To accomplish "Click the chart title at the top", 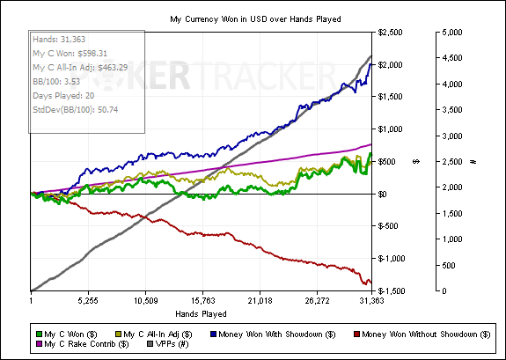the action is point(255,19).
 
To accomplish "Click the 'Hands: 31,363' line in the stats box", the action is point(59,40).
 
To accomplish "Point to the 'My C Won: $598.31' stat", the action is point(70,54).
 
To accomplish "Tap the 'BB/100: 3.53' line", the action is point(56,81).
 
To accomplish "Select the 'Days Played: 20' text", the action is point(63,96).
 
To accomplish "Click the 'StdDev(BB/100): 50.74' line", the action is point(76,110).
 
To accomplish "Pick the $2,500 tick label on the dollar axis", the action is point(390,33).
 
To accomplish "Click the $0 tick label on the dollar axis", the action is point(382,194).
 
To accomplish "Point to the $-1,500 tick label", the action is point(391,291).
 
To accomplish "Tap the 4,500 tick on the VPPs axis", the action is point(451,58).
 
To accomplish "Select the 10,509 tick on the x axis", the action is point(145,301).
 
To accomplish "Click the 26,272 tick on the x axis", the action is point(317,301).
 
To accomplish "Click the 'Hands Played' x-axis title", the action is point(201,314).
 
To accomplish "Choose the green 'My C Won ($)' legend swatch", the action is point(40,334).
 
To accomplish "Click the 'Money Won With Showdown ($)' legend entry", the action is point(273,334).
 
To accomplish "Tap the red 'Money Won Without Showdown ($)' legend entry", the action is point(422,334).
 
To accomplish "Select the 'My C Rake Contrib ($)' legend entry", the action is point(83,344).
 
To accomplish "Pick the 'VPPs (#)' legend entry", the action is point(168,344).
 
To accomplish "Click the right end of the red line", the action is point(371,283).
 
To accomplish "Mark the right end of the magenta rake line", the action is point(371,144).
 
